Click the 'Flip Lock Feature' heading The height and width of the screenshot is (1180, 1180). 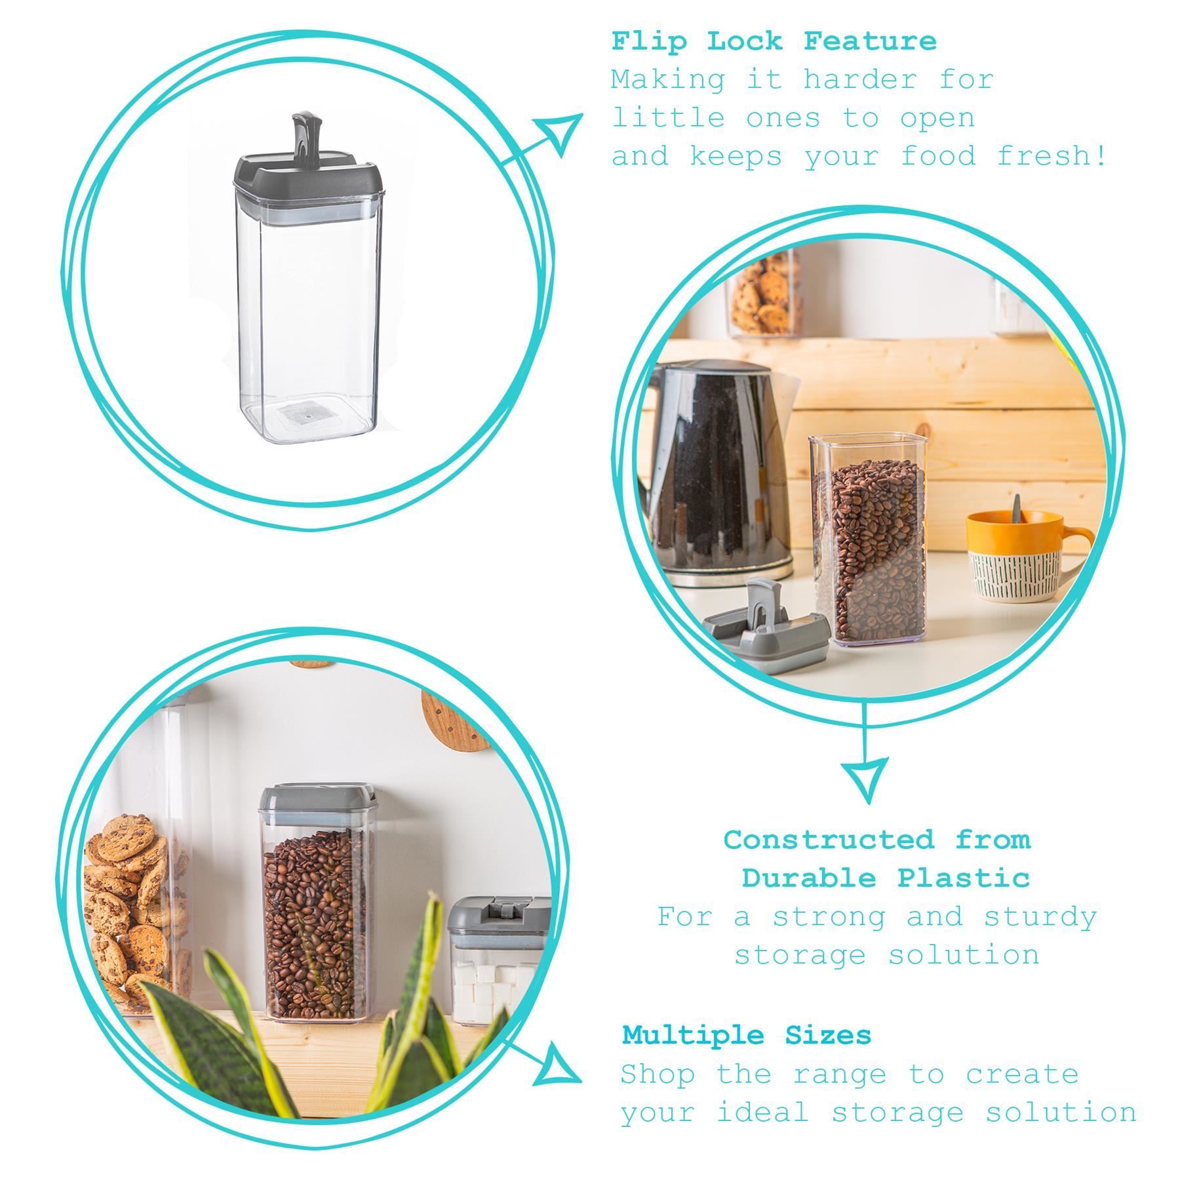tap(774, 41)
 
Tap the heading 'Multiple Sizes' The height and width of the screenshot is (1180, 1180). tap(747, 1036)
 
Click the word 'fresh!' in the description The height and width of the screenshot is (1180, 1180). tap(1052, 156)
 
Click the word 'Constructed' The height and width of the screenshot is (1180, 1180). tap(829, 839)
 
